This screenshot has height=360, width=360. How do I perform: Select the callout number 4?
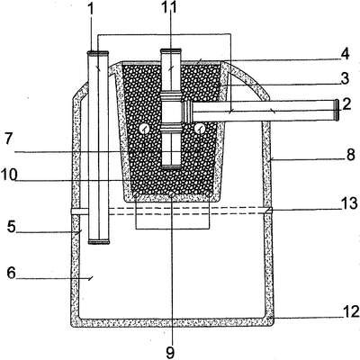pyautogui.click(x=345, y=54)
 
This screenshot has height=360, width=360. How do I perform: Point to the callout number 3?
pyautogui.click(x=345, y=78)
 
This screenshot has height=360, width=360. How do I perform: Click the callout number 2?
pyautogui.click(x=346, y=104)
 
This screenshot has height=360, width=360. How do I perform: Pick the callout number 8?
pyautogui.click(x=350, y=155)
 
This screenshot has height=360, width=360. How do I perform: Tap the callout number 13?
pyautogui.click(x=350, y=203)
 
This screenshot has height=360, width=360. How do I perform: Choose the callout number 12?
pyautogui.click(x=351, y=312)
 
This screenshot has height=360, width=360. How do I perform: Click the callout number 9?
pyautogui.click(x=170, y=353)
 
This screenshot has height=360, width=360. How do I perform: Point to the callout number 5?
pyautogui.click(x=12, y=227)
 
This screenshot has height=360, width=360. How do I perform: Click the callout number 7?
pyautogui.click(x=8, y=139)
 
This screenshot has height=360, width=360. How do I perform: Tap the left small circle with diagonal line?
pyautogui.click(x=144, y=130)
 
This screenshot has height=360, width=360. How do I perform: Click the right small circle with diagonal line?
pyautogui.click(x=199, y=129)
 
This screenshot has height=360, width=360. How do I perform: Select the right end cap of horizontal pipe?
pyautogui.click(x=337, y=110)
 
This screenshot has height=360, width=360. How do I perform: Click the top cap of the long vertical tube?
pyautogui.click(x=97, y=54)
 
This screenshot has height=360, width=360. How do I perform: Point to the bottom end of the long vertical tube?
pyautogui.click(x=99, y=241)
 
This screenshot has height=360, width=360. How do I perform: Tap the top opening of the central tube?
pyautogui.click(x=171, y=50)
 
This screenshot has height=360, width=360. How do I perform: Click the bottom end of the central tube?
pyautogui.click(x=171, y=166)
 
